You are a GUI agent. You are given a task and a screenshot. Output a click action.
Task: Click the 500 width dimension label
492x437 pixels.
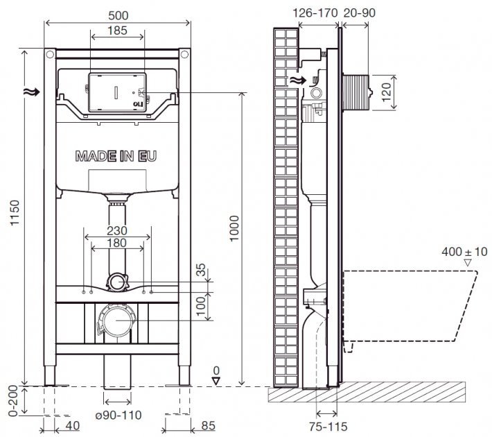118,15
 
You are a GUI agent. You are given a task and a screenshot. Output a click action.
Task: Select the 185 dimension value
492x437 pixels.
117,31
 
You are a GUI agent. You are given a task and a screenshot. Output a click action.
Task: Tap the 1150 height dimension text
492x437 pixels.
15,213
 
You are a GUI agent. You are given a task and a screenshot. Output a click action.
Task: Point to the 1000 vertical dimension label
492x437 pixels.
234,228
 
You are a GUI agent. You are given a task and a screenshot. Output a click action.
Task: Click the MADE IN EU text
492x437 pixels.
116,156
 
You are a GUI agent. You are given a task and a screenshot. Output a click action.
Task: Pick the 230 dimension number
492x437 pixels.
117,231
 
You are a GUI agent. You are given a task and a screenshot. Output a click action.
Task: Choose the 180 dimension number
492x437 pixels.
117,243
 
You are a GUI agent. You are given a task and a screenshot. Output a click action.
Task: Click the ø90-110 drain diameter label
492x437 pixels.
118,415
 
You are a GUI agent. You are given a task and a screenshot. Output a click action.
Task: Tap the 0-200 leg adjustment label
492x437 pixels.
13,401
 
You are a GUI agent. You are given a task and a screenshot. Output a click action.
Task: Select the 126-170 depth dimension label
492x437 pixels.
315,13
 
